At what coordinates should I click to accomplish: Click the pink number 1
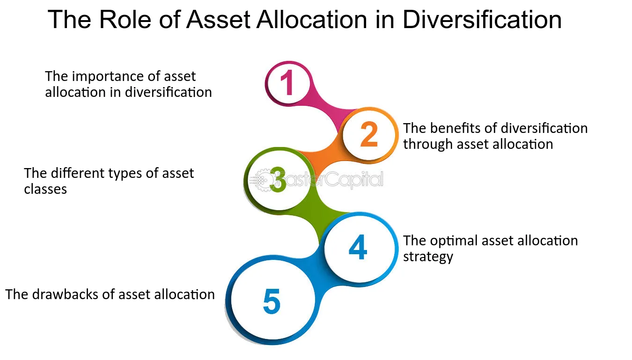287,83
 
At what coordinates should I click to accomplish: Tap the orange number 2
369,134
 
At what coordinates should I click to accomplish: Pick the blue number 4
358,248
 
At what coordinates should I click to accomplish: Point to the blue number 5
272,302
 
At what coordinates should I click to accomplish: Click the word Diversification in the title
482,20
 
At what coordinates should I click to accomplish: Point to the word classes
45,189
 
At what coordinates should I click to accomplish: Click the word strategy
428,257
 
